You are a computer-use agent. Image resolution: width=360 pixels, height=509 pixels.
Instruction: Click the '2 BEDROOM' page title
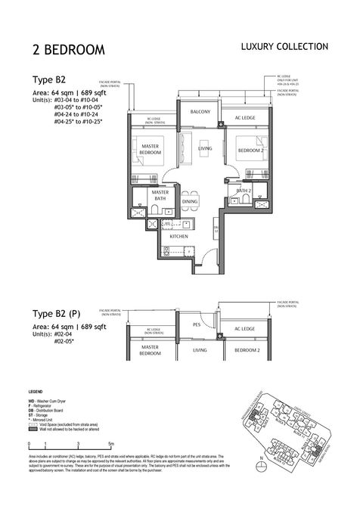coord(68,50)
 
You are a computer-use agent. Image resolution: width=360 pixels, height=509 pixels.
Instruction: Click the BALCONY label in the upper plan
coord(200,111)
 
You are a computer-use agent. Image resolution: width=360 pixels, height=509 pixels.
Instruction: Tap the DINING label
coord(190,203)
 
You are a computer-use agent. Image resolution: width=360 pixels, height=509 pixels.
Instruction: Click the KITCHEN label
coord(178,237)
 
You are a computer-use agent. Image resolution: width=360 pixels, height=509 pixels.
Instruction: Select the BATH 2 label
coord(244,191)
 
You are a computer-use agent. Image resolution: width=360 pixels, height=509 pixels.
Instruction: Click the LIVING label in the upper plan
coord(205,149)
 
